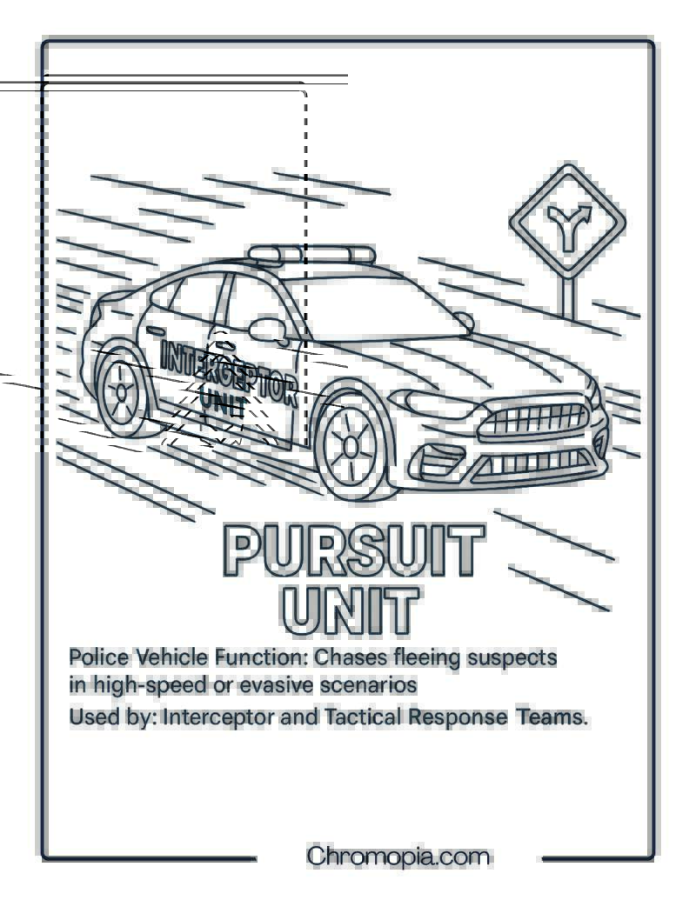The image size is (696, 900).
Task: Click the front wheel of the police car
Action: pos(351,447)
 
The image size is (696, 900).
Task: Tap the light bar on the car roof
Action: pos(311,254)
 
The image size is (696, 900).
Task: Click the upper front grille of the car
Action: pos(534,420)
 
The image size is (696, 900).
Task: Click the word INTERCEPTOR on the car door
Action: pos(228,371)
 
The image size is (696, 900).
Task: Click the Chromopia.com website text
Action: pos(398,856)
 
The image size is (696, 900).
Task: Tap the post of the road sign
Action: pos(568,297)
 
